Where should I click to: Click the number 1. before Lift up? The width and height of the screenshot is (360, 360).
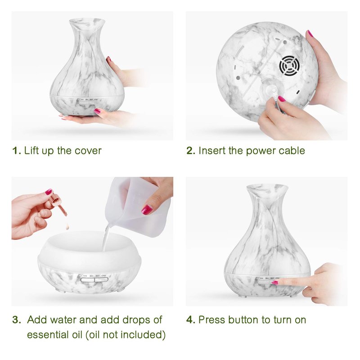[17, 151]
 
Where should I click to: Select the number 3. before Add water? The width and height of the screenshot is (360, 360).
[17, 320]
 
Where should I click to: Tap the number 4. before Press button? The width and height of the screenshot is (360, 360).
[191, 320]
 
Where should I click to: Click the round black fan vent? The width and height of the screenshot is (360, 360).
[289, 65]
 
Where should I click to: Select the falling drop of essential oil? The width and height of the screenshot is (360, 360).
[67, 226]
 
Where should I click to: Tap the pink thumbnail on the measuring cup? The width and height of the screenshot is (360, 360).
[147, 210]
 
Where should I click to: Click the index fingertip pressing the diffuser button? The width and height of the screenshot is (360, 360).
[275, 283]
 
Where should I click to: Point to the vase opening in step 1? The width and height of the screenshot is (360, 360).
[87, 22]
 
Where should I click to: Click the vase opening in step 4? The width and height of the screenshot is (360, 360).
[267, 188]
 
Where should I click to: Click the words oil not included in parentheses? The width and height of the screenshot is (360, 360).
[126, 334]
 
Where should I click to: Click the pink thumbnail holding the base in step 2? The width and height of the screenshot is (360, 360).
[310, 33]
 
